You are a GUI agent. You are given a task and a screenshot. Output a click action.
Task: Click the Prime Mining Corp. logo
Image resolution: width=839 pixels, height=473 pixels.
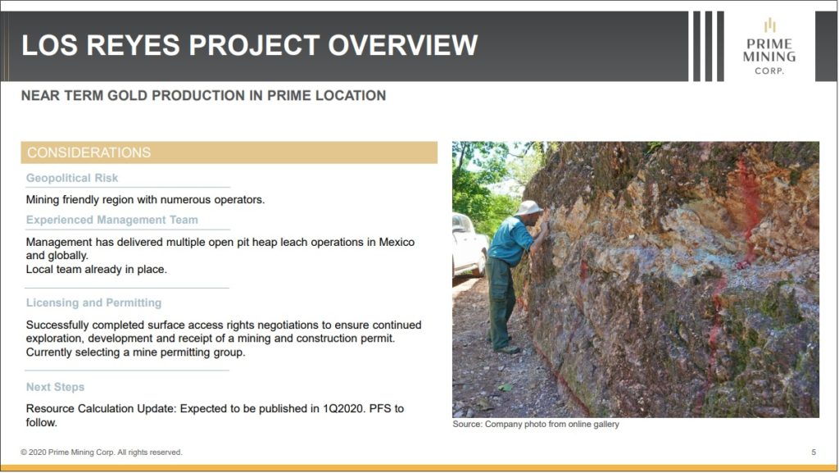tap(769, 47)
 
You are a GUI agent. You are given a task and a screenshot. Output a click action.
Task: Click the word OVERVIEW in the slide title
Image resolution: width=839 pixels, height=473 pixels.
tap(402, 45)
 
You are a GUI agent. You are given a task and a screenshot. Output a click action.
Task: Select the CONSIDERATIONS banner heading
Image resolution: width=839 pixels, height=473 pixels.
tap(88, 152)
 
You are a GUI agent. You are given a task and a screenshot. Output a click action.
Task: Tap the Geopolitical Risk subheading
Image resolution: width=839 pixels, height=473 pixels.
tap(72, 178)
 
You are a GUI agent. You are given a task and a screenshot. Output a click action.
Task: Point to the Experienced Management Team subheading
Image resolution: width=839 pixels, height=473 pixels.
tap(111, 220)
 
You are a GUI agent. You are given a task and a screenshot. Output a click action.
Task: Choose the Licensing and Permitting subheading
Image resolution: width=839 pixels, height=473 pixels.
tap(93, 302)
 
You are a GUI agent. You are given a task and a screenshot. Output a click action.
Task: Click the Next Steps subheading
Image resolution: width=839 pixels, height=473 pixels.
tap(55, 387)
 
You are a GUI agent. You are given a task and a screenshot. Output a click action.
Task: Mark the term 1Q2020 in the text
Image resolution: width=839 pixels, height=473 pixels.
tap(342, 409)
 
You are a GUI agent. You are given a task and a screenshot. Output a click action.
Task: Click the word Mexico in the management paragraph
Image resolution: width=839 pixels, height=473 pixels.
tap(397, 242)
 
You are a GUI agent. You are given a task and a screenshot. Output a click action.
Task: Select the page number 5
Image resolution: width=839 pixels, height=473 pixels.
tap(814, 453)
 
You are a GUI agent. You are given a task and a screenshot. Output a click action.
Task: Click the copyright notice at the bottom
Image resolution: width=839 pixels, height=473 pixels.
tap(102, 453)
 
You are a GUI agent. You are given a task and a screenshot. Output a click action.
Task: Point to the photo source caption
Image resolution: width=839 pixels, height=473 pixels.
tap(536, 425)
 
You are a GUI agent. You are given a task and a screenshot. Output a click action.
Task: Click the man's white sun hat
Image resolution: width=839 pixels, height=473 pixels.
tap(528, 207)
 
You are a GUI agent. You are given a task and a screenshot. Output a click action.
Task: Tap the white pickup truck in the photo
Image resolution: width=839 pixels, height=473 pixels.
tap(468, 244)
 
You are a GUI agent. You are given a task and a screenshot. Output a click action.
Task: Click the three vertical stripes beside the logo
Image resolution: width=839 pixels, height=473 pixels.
tap(709, 46)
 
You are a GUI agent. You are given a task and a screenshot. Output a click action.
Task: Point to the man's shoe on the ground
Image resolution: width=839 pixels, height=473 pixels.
tap(507, 349)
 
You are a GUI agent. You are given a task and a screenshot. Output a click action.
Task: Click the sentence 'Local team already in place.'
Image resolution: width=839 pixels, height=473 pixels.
tap(97, 270)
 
